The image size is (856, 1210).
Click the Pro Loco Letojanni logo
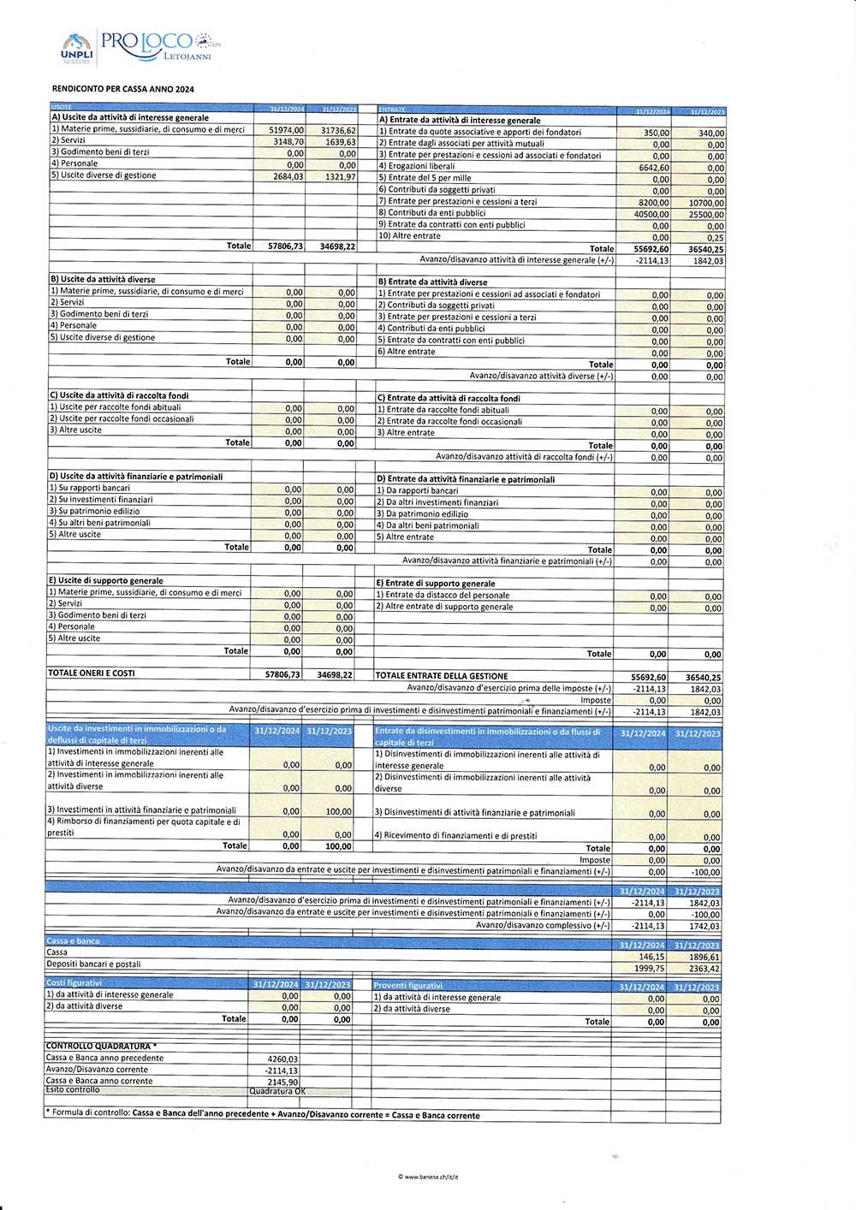pyautogui.click(x=137, y=48)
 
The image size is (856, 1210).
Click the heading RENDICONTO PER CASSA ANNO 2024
pyautogui.click(x=122, y=89)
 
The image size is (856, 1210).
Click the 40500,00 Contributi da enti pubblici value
pyautogui.click(x=652, y=215)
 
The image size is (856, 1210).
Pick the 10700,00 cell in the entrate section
pyautogui.click(x=706, y=203)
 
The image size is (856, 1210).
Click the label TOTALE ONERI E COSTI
pyautogui.click(x=92, y=673)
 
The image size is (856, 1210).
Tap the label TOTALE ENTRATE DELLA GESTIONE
pyautogui.click(x=442, y=676)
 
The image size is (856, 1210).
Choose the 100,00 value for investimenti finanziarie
pyautogui.click(x=338, y=811)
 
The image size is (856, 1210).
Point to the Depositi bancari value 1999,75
pyautogui.click(x=650, y=969)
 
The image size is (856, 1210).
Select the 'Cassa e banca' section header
pyautogui.click(x=73, y=941)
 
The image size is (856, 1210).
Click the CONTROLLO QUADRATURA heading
pyautogui.click(x=100, y=1046)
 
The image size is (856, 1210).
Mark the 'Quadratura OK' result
pyautogui.click(x=276, y=1091)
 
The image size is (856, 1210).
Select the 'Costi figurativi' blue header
pyautogui.click(x=74, y=983)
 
